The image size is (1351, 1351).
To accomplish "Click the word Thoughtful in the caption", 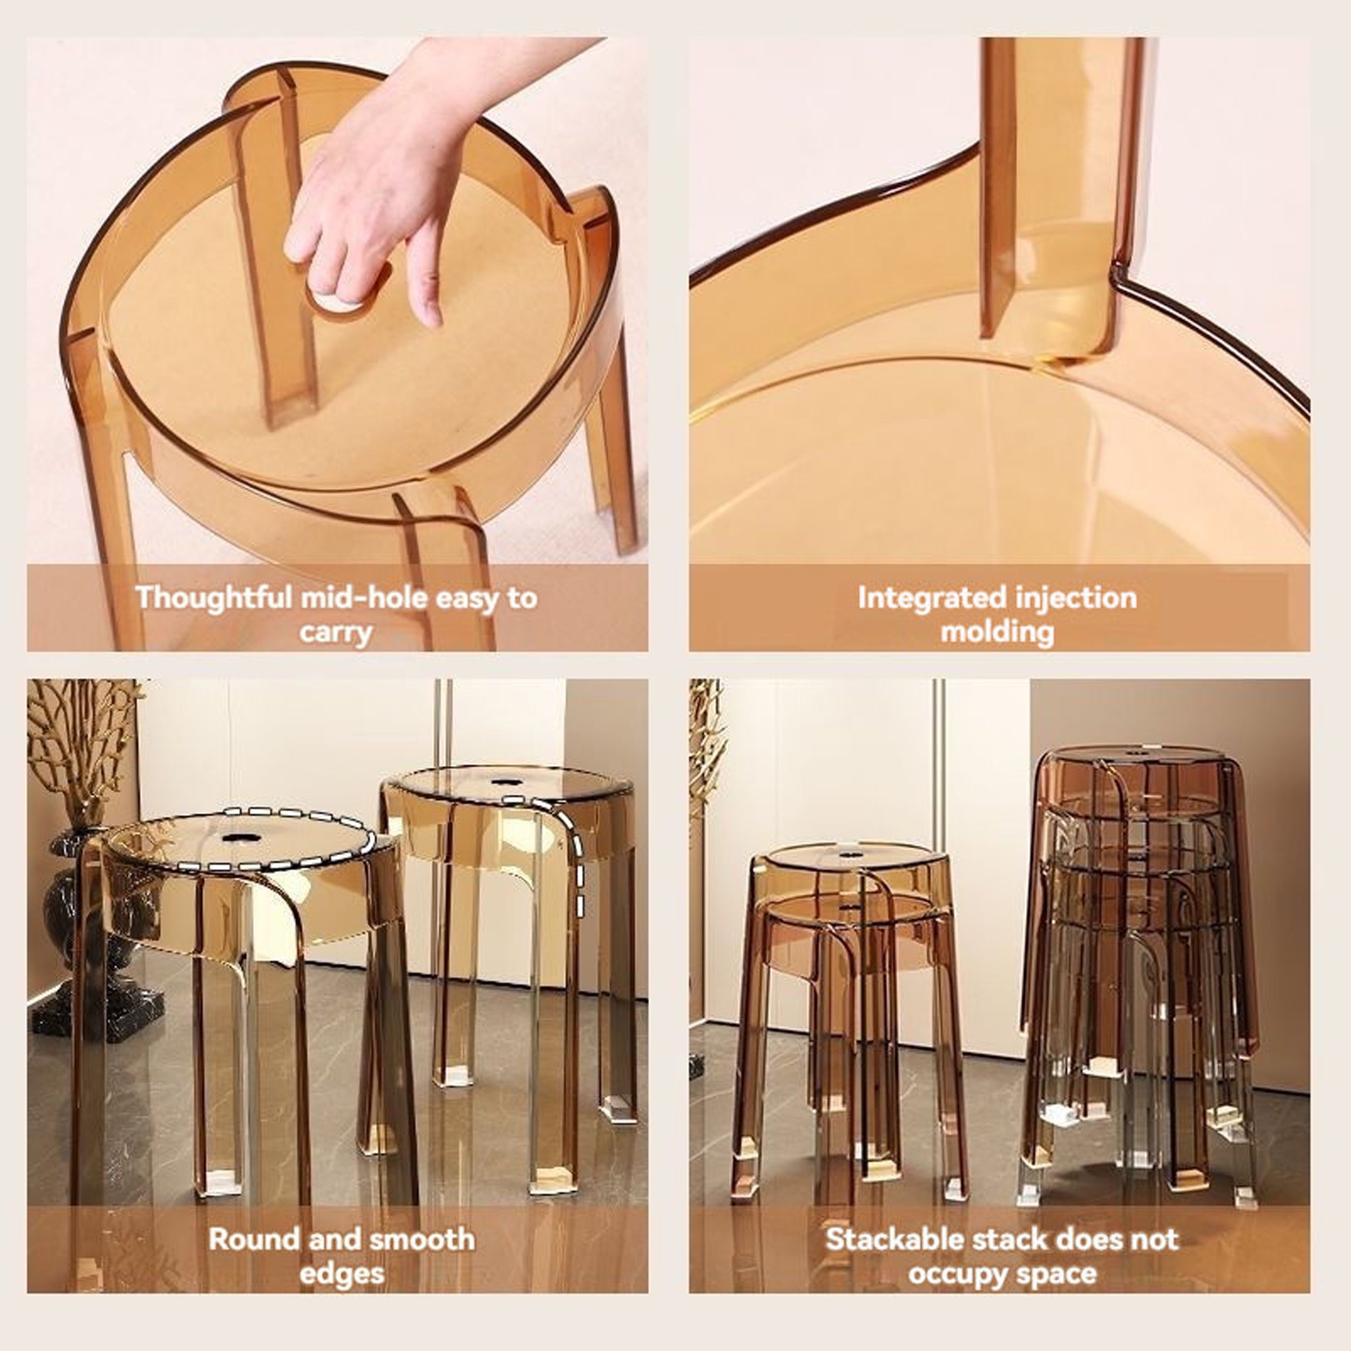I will (213, 598).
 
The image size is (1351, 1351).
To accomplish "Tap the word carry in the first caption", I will (336, 632).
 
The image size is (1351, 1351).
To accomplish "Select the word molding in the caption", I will (997, 632).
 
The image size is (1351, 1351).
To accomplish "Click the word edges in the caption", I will (342, 1273).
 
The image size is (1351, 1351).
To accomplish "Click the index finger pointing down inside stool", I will (426, 280).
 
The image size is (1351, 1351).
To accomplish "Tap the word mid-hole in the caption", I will (364, 598).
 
